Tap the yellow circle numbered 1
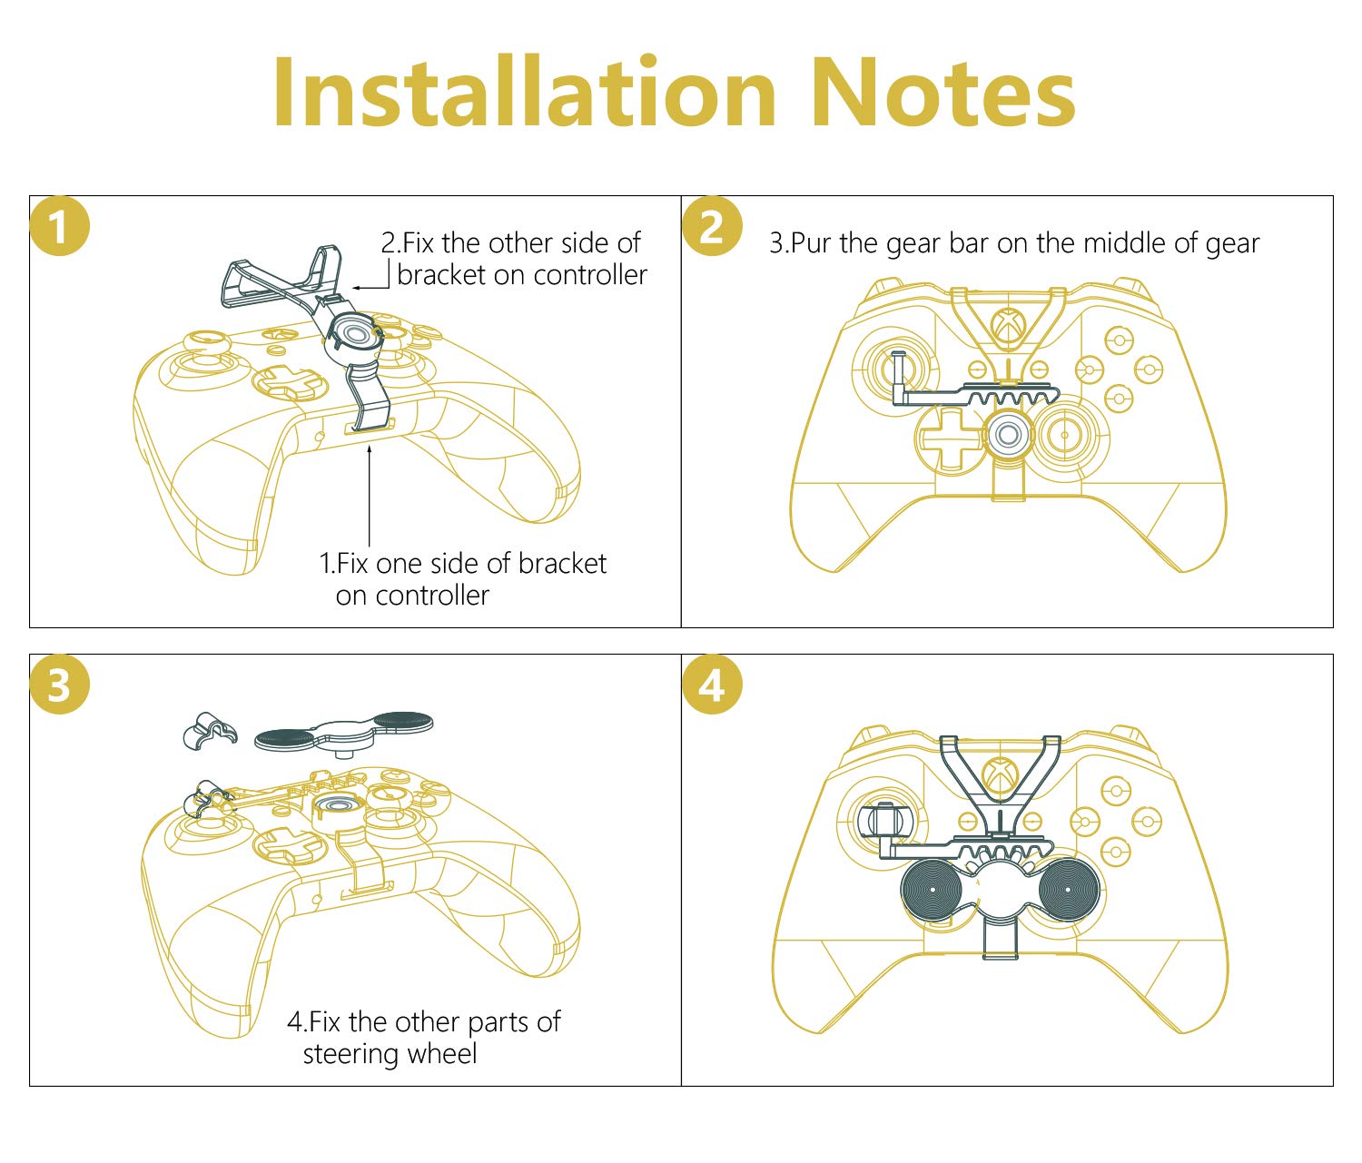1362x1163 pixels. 59,227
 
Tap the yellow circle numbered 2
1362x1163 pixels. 712,226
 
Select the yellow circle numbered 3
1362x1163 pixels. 59,685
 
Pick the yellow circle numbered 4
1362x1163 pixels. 712,685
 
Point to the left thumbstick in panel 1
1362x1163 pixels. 205,350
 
